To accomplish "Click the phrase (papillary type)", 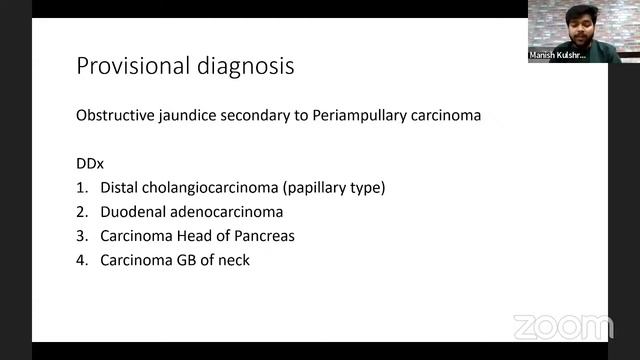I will [x=335, y=187].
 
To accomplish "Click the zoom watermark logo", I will [x=562, y=326].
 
